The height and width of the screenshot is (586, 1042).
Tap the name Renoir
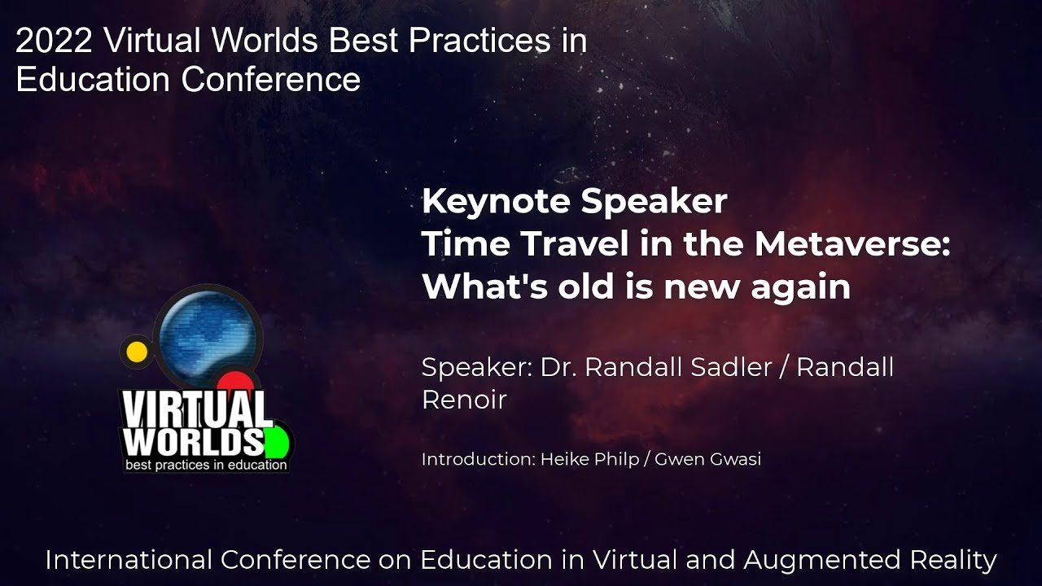[464, 400]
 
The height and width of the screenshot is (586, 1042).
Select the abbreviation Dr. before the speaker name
[558, 367]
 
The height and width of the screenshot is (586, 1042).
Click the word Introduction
[479, 459]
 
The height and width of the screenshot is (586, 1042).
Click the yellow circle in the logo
[137, 352]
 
